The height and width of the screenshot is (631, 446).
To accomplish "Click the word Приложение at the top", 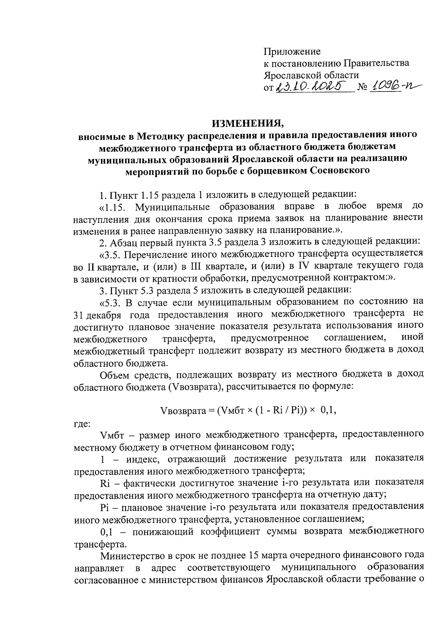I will (x=292, y=51).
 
